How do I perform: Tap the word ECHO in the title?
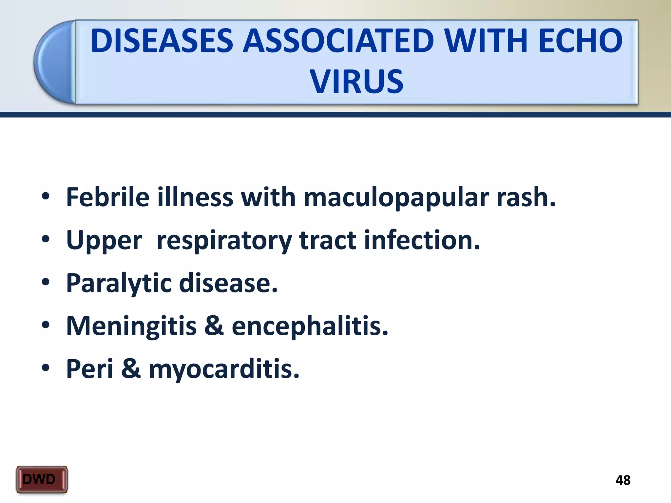tap(580, 41)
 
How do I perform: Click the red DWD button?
tap(42, 479)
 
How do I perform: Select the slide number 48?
tap(623, 480)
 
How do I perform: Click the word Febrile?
tap(108, 197)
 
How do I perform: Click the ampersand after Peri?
tap(131, 369)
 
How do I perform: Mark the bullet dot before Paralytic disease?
tap(46, 282)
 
